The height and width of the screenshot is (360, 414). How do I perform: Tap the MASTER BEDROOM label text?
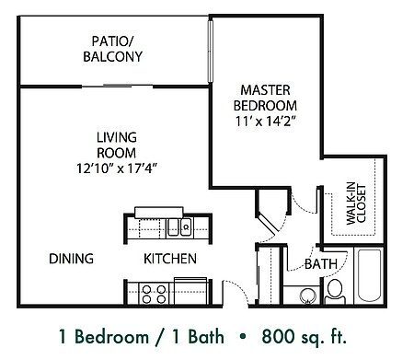265,97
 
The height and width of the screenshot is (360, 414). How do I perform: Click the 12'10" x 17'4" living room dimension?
117,168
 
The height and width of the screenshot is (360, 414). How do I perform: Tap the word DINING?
71,260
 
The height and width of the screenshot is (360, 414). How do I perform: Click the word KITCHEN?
169,260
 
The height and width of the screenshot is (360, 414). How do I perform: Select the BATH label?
318,264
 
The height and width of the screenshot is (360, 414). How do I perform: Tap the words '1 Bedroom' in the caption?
95,334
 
